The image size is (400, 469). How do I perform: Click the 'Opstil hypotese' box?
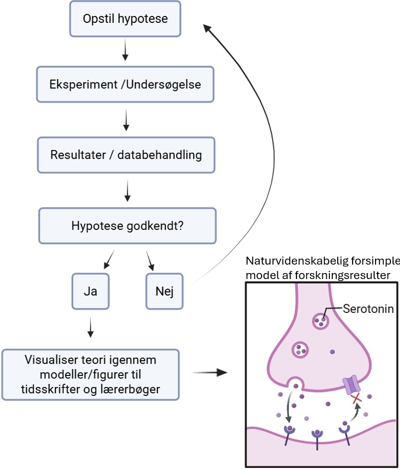tap(125, 19)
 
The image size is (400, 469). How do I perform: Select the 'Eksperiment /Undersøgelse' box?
tap(125, 85)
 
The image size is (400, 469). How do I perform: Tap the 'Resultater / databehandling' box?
tap(126, 154)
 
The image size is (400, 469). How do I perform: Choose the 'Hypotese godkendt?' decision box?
tap(128, 225)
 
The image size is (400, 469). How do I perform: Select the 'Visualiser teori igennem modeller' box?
tap(90, 374)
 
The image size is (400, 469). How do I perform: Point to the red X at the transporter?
tap(356, 398)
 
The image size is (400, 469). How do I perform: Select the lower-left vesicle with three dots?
tap(300, 349)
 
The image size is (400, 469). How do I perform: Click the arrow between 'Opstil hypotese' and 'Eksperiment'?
tap(125, 52)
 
